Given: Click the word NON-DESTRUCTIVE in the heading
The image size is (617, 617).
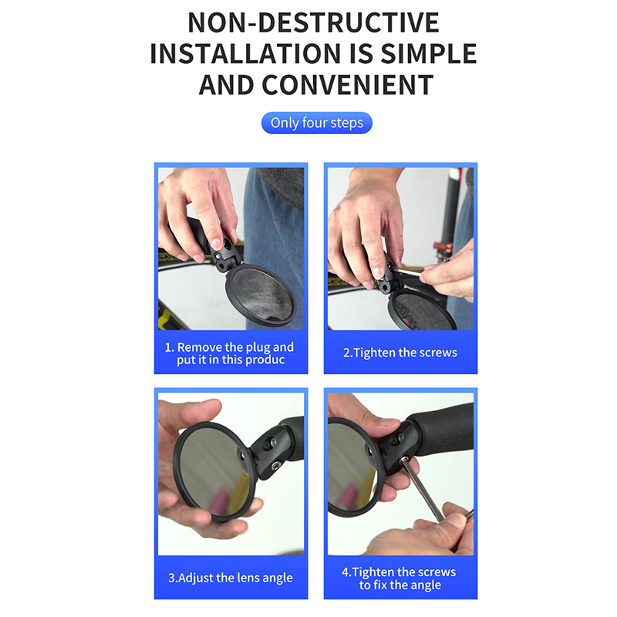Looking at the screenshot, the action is (313, 23).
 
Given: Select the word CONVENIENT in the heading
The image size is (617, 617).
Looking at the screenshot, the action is (348, 85).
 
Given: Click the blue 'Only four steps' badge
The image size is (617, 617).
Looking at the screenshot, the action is (317, 123).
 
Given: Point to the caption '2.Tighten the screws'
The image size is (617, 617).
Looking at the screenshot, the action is (400, 352).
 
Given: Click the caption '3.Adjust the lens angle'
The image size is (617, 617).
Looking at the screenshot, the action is (231, 578).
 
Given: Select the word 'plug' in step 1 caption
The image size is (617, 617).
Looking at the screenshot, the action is (256, 348).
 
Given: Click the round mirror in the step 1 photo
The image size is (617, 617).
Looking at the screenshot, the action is (261, 295).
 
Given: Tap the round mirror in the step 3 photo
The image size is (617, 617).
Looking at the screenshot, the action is (214, 471).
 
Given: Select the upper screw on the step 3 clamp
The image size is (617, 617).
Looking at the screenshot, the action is (273, 442).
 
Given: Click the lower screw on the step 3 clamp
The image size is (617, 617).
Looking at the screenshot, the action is (276, 466).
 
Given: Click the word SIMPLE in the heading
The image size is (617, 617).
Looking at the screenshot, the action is (429, 54).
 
